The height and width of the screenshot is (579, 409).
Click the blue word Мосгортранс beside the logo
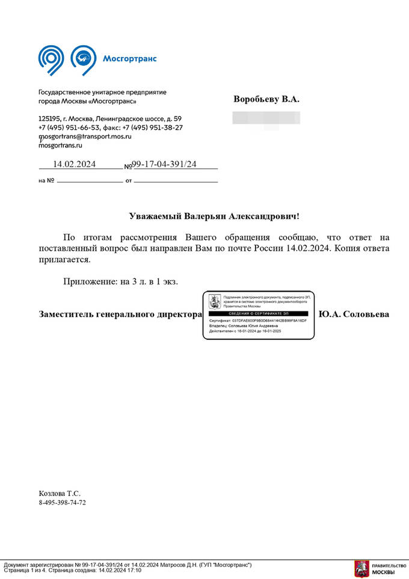[x=129, y=58]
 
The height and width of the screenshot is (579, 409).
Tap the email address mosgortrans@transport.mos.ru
[x=84, y=136]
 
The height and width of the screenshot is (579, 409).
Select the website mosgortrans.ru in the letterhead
[x=60, y=145]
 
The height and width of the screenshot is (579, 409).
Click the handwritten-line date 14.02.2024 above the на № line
[x=75, y=164]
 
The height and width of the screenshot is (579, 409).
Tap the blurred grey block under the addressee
[x=266, y=117]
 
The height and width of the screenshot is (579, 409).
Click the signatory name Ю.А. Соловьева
[x=354, y=314]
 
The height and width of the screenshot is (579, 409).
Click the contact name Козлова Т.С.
[x=60, y=493]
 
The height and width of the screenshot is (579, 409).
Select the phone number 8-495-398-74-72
[x=63, y=503]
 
